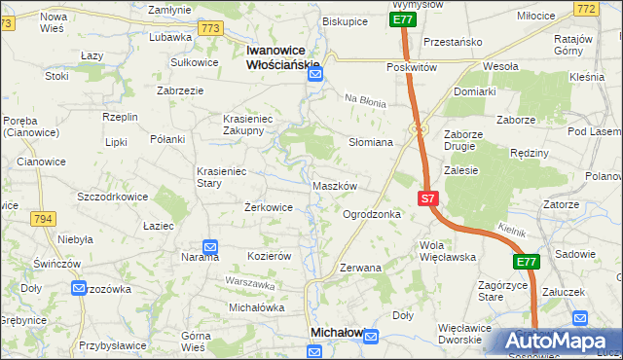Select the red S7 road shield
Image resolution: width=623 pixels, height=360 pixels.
point(429,198)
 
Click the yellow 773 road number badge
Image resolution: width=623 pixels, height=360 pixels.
point(209,28)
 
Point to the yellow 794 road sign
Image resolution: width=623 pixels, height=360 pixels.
point(42,219)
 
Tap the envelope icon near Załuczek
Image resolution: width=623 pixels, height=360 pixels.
point(581,317)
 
